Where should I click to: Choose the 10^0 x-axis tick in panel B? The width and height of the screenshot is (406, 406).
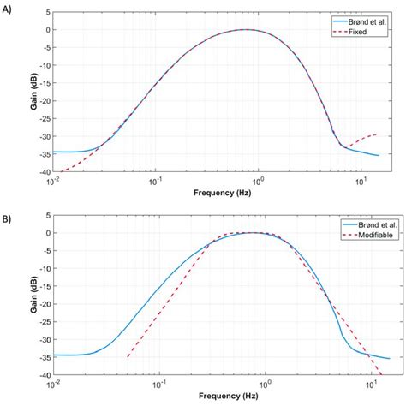pos(259,385)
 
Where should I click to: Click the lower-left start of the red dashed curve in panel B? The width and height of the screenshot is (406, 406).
pos(127,357)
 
